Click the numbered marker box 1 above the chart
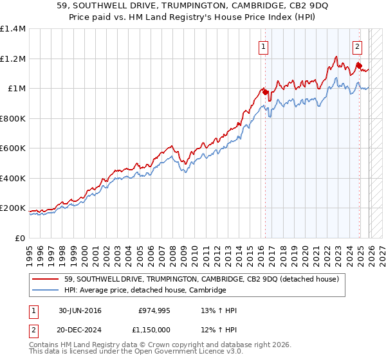pos(264,46)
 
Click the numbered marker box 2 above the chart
pos(357,46)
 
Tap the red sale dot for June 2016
pos(265,93)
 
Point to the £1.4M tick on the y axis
pos(13,29)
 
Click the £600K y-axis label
pos(13,148)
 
